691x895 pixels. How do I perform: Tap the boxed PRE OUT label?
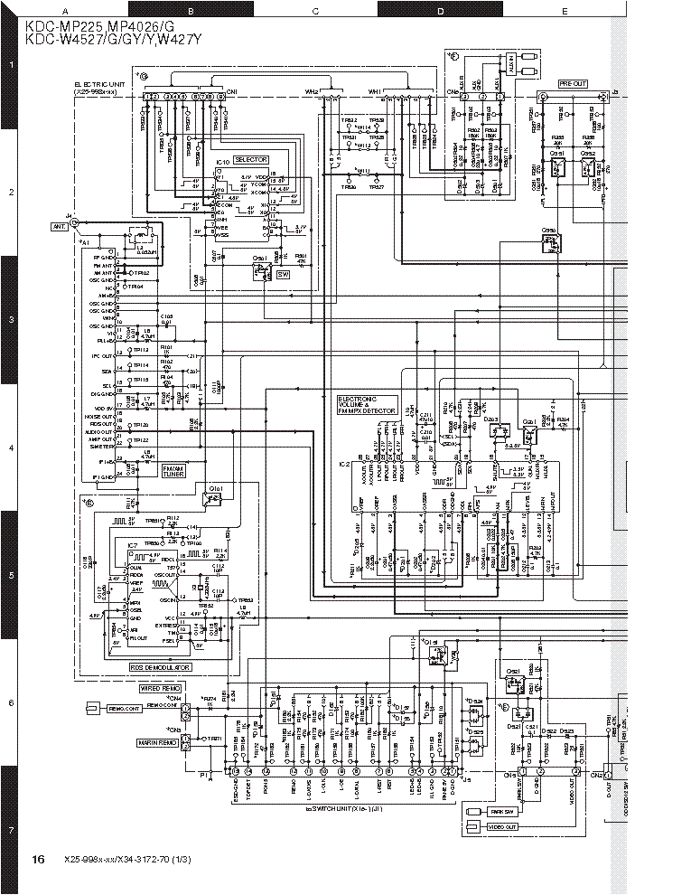pyautogui.click(x=573, y=83)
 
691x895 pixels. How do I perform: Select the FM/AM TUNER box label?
pyautogui.click(x=172, y=471)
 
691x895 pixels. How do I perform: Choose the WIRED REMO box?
pyautogui.click(x=160, y=688)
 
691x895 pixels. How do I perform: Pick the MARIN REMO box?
pyautogui.click(x=158, y=742)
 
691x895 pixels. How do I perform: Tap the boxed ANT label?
pyautogui.click(x=60, y=227)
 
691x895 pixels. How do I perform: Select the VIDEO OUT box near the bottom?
pyautogui.click(x=502, y=826)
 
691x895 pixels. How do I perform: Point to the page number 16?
pyautogui.click(x=38, y=859)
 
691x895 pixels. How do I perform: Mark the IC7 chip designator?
pyautogui.click(x=131, y=546)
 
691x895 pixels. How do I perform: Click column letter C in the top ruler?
pyautogui.click(x=315, y=11)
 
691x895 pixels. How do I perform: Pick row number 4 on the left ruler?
pyautogui.click(x=10, y=447)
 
